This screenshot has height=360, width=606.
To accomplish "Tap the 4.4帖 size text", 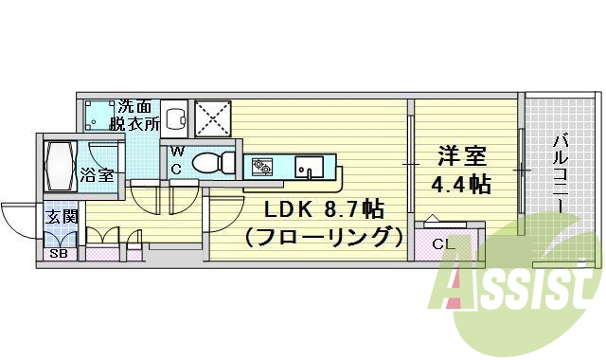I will [x=462, y=184].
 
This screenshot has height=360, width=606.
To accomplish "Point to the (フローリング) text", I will [x=317, y=236].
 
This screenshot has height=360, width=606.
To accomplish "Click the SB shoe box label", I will [x=58, y=254].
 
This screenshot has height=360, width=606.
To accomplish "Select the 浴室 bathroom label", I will [x=98, y=175].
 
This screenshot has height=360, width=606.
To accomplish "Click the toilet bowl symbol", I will [x=209, y=163].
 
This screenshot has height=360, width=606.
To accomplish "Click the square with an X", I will [x=209, y=118].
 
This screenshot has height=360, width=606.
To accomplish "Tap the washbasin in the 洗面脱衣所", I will [x=175, y=118].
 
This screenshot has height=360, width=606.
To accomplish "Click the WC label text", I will [x=177, y=161].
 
